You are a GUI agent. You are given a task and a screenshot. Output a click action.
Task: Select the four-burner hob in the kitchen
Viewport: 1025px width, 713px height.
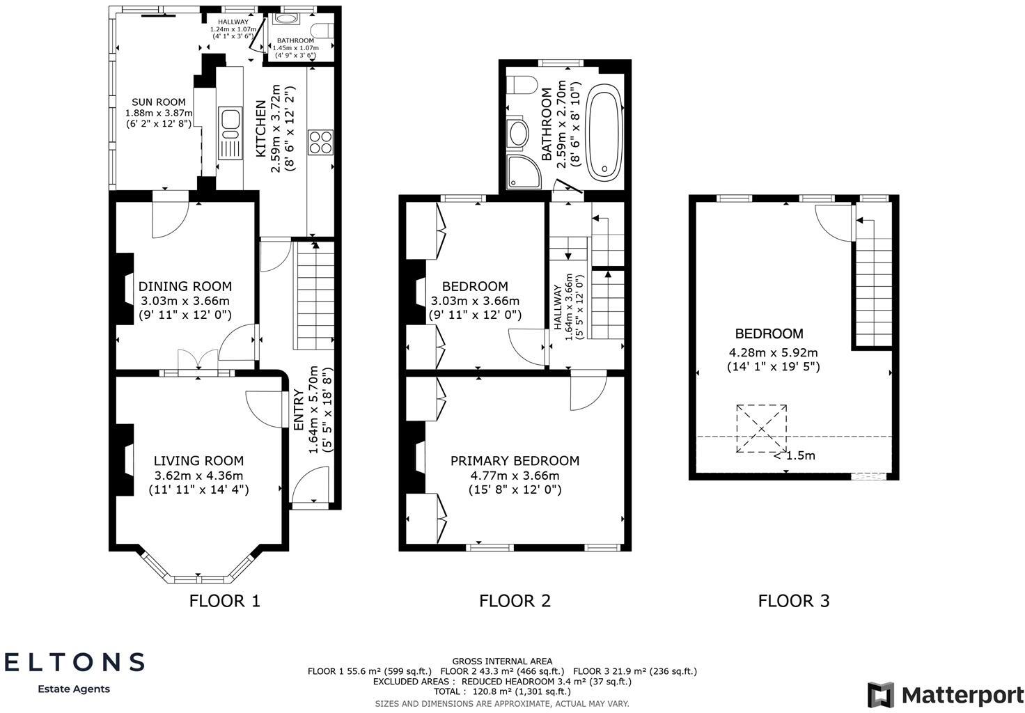pos(321,142)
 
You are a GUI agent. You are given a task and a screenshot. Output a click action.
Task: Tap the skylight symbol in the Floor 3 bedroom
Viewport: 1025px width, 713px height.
pos(761,429)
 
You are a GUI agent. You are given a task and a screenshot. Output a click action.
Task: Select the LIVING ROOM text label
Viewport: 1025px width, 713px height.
pos(198,460)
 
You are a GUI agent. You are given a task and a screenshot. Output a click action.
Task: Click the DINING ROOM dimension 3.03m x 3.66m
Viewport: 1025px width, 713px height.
pos(185,301)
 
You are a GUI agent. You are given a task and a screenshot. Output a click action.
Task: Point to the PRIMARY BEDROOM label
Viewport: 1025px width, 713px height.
pos(515,460)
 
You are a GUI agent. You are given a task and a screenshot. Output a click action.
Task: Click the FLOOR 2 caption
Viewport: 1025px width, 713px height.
pos(515,600)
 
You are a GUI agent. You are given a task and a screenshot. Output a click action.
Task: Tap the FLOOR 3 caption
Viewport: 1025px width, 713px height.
pos(794,600)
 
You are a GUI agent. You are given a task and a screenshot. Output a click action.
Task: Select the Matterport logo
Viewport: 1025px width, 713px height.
pos(945,694)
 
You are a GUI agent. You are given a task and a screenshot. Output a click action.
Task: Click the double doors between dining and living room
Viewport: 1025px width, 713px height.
pos(198,363)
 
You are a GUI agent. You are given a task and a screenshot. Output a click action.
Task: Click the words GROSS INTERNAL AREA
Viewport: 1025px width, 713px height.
pos(502,661)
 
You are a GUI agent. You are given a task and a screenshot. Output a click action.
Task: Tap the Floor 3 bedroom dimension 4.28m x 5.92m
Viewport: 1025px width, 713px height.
pos(773,352)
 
